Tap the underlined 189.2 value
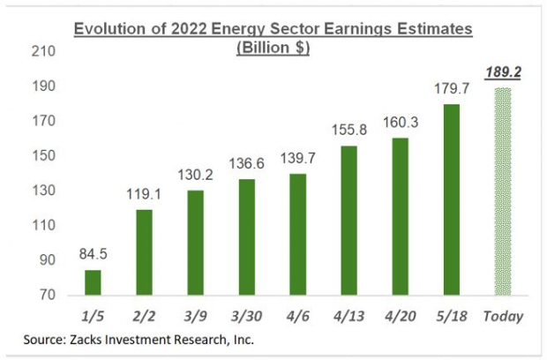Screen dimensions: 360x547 pos(502,74)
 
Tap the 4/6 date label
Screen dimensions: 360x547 pos(299,315)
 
